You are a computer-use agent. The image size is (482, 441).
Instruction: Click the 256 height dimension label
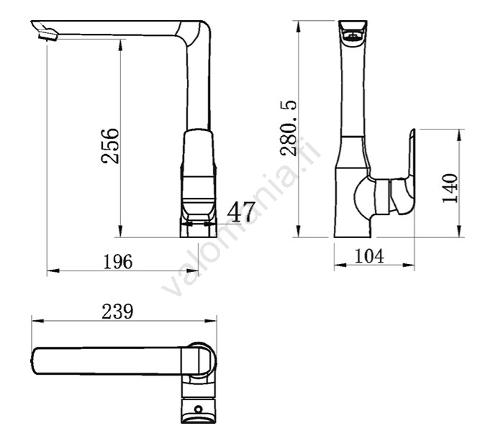point(110,145)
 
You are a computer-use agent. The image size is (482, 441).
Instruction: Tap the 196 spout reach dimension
point(118,262)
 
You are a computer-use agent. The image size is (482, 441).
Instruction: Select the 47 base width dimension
point(241,212)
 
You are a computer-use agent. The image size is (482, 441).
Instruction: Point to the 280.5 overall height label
point(288,128)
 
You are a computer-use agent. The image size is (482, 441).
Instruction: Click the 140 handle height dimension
point(450,188)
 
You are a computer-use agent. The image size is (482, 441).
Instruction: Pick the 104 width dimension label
point(369,255)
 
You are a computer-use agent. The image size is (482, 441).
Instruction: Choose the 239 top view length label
point(118,312)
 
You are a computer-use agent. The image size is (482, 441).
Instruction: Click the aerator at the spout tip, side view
point(47,35)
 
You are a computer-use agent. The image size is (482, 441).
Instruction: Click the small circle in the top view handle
point(199,409)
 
